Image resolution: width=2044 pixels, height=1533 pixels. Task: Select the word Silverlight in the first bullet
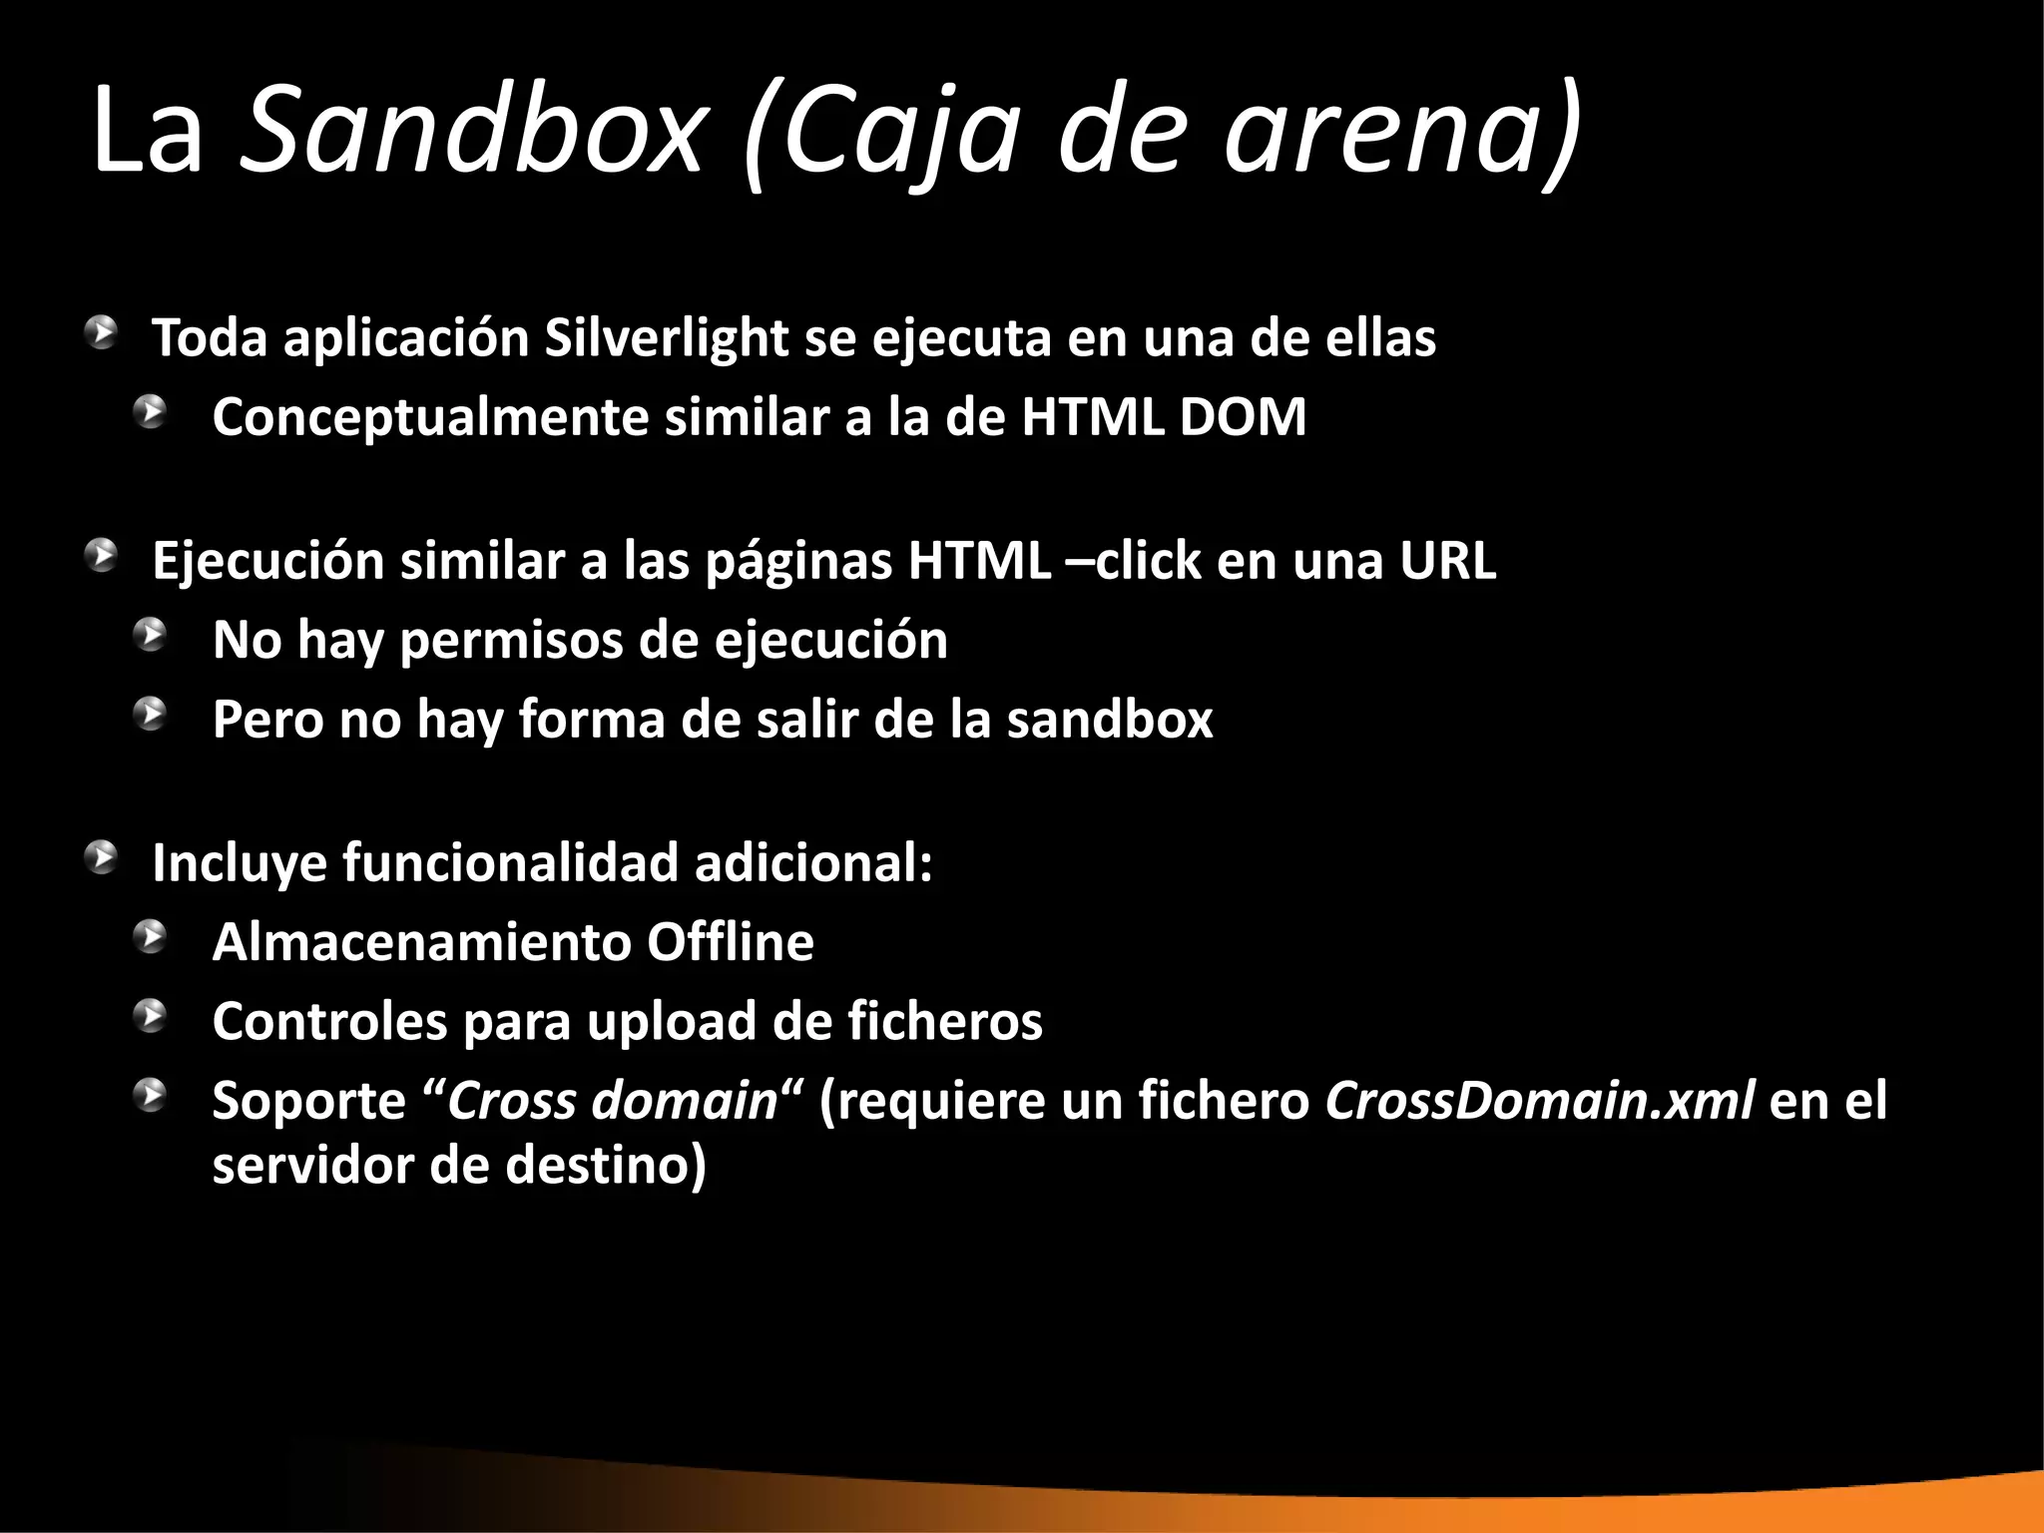tap(667, 338)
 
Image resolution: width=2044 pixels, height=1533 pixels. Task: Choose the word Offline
tap(730, 942)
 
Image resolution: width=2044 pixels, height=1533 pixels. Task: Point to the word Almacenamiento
tap(421, 942)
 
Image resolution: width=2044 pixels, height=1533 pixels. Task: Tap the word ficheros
tap(944, 1022)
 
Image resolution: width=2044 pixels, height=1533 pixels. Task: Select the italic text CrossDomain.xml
tap(1539, 1101)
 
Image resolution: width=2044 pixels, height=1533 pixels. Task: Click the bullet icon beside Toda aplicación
tap(100, 332)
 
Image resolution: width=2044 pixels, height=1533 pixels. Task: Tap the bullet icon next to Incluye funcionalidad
tap(100, 857)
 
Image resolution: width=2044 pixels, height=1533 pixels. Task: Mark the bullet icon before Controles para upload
tap(152, 1015)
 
